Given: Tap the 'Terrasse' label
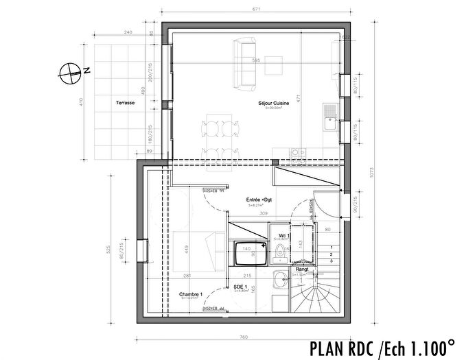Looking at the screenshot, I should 124,102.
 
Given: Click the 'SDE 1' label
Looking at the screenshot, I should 240,287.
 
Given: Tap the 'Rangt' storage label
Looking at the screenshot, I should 301,269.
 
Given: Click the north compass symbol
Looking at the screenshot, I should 70,70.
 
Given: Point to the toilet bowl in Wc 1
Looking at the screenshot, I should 280,254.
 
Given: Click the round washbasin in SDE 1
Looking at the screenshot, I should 279,278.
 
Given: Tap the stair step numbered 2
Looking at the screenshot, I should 332,254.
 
